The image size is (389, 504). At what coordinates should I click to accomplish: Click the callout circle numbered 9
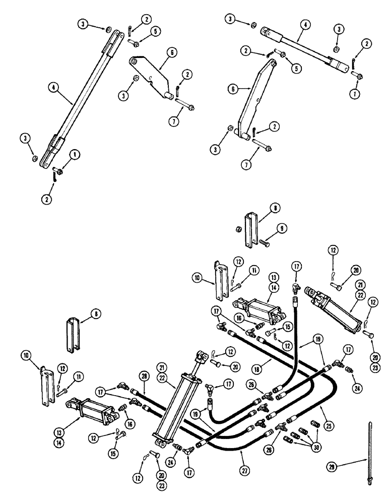tap(280, 228)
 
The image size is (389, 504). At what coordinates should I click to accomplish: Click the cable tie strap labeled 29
tap(370, 454)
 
